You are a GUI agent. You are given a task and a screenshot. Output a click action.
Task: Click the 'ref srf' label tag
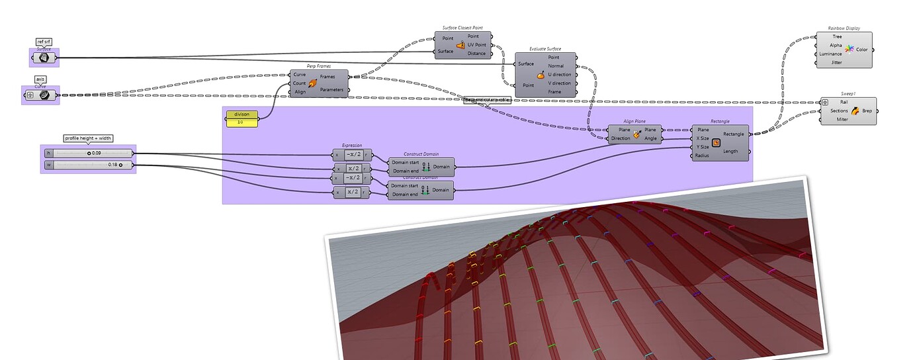click(x=44, y=42)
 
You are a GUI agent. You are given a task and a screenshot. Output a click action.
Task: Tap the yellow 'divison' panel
click(x=242, y=114)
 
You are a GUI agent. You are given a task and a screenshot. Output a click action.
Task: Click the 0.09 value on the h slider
click(x=97, y=154)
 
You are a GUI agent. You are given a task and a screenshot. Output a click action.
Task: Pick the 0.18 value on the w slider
click(x=112, y=164)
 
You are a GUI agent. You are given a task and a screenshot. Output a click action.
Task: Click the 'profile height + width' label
click(x=88, y=138)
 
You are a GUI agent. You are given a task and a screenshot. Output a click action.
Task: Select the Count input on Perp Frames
click(x=300, y=83)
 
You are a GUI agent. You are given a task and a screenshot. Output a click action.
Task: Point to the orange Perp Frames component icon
click(x=313, y=83)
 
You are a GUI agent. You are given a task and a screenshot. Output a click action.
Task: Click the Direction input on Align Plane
click(x=620, y=138)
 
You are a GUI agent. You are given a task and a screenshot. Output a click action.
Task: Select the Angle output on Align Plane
click(x=650, y=138)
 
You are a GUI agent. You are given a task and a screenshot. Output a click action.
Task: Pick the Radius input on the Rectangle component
click(x=703, y=156)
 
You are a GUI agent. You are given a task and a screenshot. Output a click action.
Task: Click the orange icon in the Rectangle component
click(x=717, y=140)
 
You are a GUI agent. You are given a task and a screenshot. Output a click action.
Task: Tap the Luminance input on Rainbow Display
click(x=830, y=54)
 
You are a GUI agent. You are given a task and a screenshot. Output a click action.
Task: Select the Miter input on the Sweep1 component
click(x=842, y=120)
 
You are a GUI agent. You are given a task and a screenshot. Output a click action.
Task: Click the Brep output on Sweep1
click(x=867, y=111)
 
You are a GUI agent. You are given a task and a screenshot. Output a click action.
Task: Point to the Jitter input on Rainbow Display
click(x=836, y=63)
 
